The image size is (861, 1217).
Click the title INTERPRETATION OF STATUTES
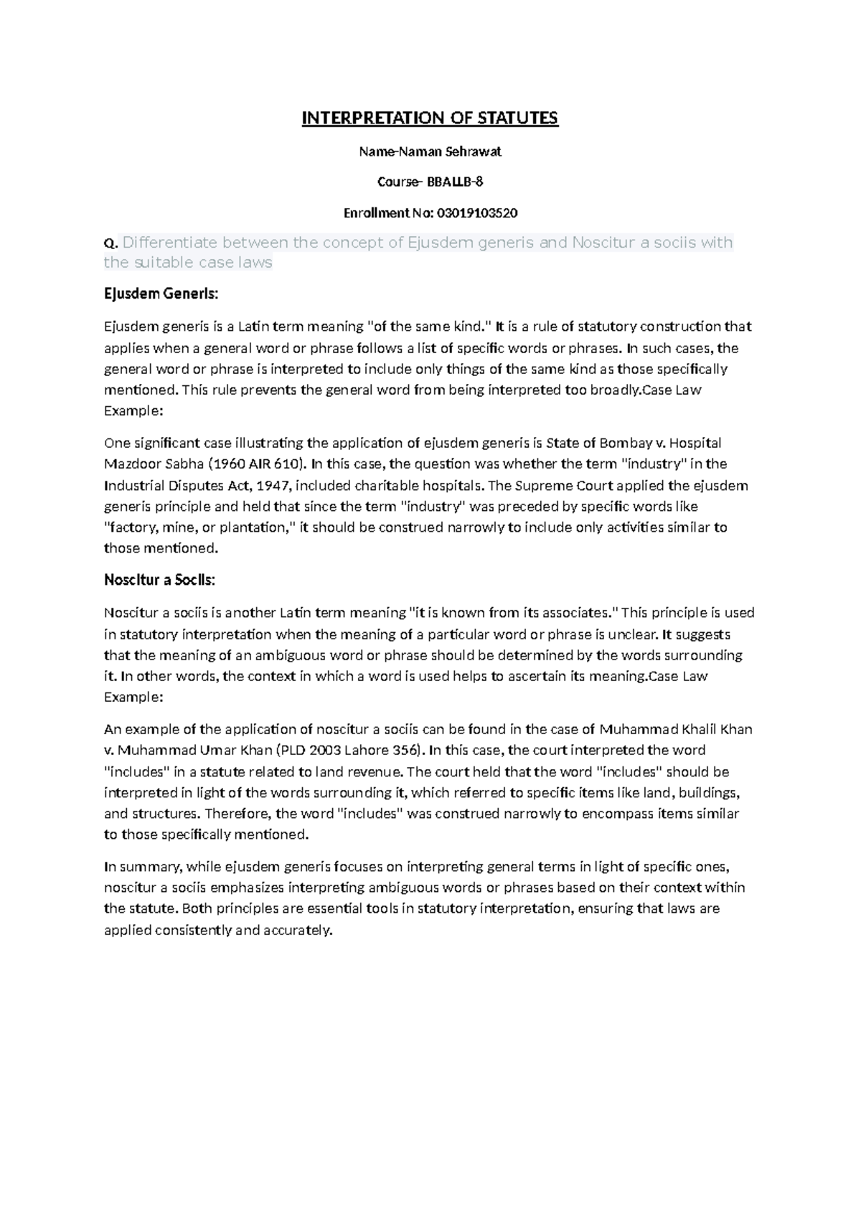(429, 118)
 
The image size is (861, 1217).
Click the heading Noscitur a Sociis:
(159, 580)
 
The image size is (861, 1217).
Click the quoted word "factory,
(132, 527)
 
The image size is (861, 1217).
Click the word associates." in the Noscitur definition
(584, 613)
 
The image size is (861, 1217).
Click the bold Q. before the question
(111, 244)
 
